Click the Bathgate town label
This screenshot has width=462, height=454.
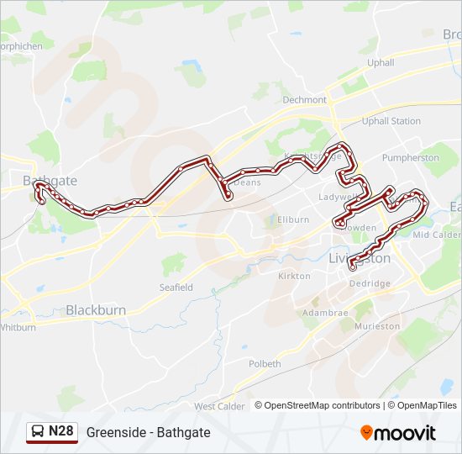pyautogui.click(x=50, y=181)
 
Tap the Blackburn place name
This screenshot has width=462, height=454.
pyautogui.click(x=96, y=310)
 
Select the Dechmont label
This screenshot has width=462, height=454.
pyautogui.click(x=304, y=99)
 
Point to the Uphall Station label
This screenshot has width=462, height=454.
pyautogui.click(x=391, y=121)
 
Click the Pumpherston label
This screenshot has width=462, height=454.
pyautogui.click(x=410, y=157)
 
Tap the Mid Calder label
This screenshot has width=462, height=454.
pyautogui.click(x=437, y=235)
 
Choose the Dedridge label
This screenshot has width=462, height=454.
pyautogui.click(x=370, y=283)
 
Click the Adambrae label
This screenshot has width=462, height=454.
pyautogui.click(x=324, y=311)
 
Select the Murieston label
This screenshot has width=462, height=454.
pyautogui.click(x=377, y=325)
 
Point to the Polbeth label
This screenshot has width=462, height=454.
pyautogui.click(x=265, y=364)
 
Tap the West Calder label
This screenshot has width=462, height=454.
pyautogui.click(x=219, y=407)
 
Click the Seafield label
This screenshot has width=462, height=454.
pyautogui.click(x=176, y=288)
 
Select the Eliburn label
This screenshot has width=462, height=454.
pyautogui.click(x=293, y=219)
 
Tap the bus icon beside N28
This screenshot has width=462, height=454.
pyautogui.click(x=38, y=432)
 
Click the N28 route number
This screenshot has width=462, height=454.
pyautogui.click(x=61, y=431)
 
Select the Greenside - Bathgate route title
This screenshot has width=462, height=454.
pyautogui.click(x=148, y=432)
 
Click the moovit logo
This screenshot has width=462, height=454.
pyautogui.click(x=398, y=433)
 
